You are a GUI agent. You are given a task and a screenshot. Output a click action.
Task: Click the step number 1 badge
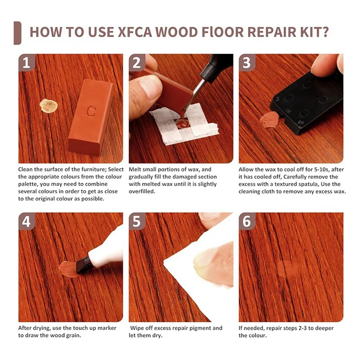[x=27, y=63]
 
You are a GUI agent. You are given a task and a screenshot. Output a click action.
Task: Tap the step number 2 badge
[x=137, y=63]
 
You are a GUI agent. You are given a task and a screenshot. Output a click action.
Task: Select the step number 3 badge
[x=247, y=63]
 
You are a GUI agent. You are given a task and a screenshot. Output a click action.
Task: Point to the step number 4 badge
[x=27, y=221]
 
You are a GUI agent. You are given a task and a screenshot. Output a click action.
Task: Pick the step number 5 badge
[x=137, y=221]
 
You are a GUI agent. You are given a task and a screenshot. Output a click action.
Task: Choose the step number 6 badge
[x=247, y=221]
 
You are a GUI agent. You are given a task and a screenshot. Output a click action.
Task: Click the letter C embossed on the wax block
[x=91, y=111]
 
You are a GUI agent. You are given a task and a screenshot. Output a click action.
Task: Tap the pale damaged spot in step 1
[x=49, y=106]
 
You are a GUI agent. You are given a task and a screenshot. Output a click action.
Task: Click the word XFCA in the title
[x=135, y=32]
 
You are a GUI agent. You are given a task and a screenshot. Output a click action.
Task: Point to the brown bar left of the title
[x=18, y=33]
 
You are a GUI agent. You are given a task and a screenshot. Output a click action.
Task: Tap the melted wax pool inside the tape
[x=183, y=123]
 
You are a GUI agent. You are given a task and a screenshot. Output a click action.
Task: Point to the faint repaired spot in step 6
[x=288, y=268]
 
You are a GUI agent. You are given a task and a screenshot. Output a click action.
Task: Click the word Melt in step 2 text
[x=135, y=170]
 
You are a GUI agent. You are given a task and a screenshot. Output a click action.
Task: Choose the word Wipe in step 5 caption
[x=137, y=328]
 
